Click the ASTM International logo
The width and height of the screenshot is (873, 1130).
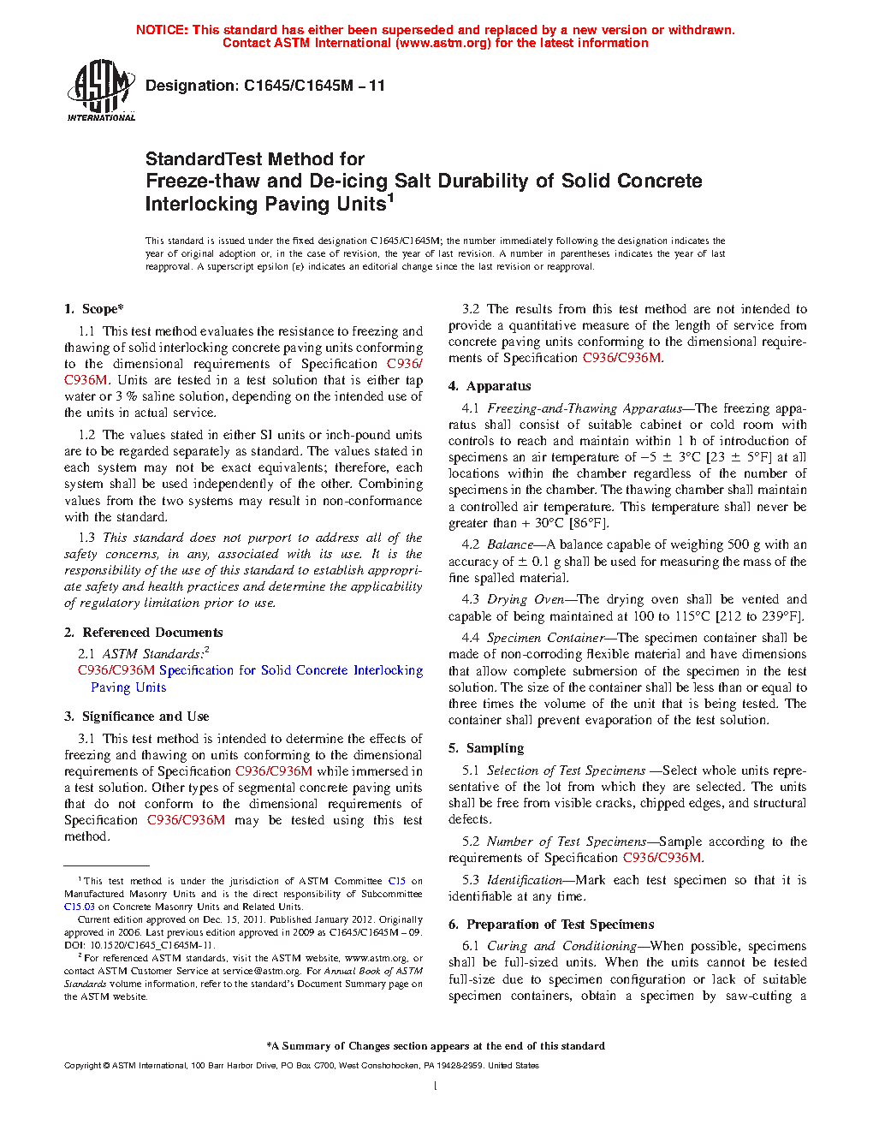tap(101, 90)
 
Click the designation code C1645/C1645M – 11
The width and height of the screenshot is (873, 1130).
tap(314, 86)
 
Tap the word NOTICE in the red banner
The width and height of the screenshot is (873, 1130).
tap(162, 30)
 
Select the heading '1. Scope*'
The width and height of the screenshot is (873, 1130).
tap(94, 309)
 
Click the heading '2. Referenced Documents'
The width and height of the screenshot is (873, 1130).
tap(144, 633)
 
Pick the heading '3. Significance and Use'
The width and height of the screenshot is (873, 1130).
tap(137, 717)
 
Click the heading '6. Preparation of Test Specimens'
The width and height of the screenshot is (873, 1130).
tap(551, 925)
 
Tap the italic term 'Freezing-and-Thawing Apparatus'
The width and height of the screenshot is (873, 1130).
tap(585, 408)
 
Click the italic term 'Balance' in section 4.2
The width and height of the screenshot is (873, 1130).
tap(510, 544)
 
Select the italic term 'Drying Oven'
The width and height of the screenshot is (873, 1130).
tap(526, 599)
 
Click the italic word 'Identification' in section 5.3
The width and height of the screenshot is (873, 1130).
tap(525, 880)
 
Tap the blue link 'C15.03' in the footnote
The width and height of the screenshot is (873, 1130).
tap(79, 907)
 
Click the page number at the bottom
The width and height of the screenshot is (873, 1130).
tap(436, 1086)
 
